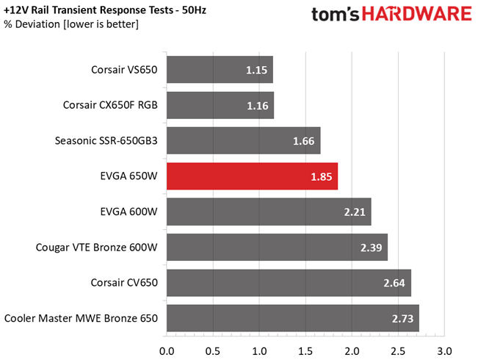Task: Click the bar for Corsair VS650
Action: point(220,70)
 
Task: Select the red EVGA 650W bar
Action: point(252,176)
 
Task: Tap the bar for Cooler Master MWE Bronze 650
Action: point(293,318)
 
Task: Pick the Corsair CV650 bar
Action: point(289,283)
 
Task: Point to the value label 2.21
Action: point(355,212)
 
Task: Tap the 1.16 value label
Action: point(258,106)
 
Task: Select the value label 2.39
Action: point(372,248)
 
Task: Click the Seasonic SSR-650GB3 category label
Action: point(106,141)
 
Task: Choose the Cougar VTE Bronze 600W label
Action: point(96,248)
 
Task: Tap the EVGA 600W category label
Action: point(128,212)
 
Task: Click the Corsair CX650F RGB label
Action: point(111,106)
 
